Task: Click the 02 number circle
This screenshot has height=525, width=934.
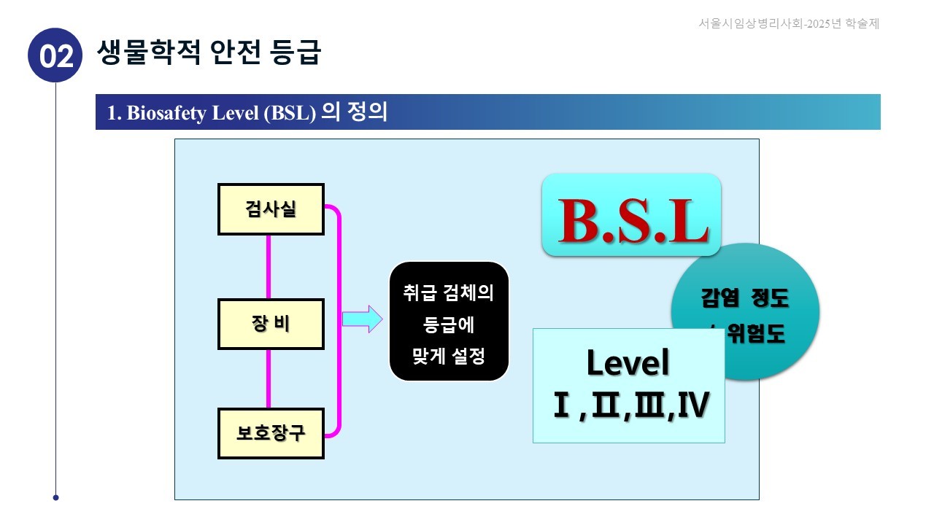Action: pos(55,55)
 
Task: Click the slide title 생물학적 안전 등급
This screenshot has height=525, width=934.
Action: pos(209,52)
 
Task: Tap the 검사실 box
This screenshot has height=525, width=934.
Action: pos(271,209)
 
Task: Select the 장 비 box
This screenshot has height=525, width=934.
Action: pos(271,324)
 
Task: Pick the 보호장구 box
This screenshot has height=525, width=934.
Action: pos(271,433)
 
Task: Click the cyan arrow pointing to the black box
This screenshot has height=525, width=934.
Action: pos(362,319)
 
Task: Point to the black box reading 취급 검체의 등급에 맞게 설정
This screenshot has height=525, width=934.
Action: pos(449,322)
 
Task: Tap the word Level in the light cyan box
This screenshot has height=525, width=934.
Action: pos(628,362)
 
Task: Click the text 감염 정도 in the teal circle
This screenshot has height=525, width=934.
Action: pos(745,298)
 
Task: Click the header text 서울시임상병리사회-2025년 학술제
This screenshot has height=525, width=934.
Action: pos(788,23)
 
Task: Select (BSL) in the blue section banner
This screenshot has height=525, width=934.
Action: pos(290,113)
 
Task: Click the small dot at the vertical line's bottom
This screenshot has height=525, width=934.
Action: pos(55,498)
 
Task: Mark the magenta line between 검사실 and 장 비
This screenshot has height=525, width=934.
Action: pos(269,266)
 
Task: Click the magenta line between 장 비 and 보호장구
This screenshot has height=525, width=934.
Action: pos(269,378)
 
